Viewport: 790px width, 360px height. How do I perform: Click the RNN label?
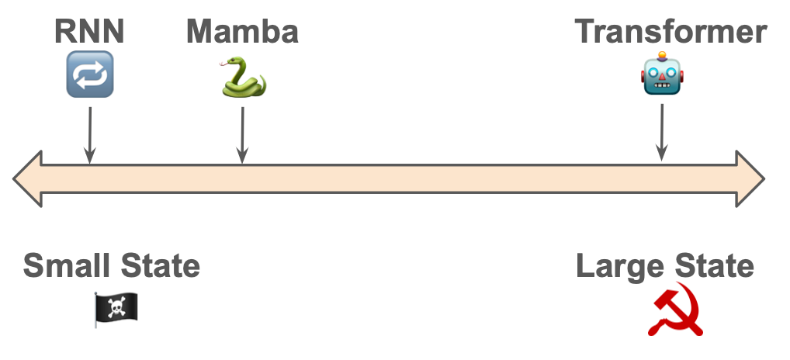89,31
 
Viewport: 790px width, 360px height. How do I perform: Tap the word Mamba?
242,31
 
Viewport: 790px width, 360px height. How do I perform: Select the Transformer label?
670,31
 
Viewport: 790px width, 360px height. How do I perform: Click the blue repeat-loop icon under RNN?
90,74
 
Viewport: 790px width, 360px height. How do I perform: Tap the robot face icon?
662,74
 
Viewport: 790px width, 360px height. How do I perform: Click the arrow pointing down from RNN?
90,135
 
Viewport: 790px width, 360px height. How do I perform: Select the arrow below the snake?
242,135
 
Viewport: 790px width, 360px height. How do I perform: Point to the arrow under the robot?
661,133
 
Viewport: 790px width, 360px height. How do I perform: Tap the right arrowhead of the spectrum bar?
750,178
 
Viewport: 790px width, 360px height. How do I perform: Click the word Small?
66,265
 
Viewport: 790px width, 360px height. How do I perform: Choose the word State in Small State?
160,265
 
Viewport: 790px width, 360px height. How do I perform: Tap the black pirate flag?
116,308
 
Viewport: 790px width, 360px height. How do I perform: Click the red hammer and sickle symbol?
675,309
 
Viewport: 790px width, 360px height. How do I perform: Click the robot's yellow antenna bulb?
662,55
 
